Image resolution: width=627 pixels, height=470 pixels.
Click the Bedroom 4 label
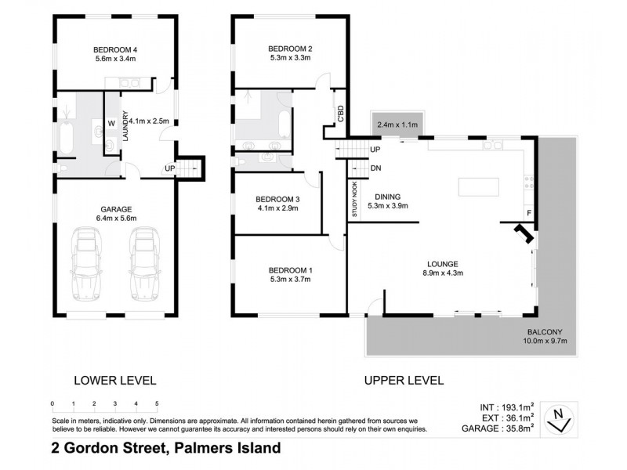[x=115, y=45]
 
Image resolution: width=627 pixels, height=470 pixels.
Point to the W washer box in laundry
[x=111, y=123]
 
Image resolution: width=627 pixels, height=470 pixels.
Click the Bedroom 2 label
[x=290, y=45]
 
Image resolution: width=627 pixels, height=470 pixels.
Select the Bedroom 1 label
[x=290, y=270]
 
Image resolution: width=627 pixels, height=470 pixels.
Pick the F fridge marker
[x=529, y=212]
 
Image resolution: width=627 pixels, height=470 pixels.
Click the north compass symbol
[x=557, y=417]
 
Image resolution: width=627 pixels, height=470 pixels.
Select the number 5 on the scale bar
[x=158, y=403]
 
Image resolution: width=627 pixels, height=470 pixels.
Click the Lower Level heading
[x=114, y=381]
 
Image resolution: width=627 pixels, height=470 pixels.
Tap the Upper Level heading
[x=404, y=381]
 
